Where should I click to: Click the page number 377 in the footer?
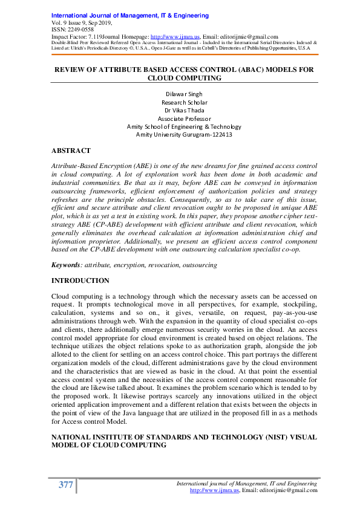(65, 484)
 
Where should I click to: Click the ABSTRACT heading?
(71, 151)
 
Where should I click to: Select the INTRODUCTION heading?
(80, 281)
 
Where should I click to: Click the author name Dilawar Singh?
(184, 94)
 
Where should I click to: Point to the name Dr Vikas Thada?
(184, 110)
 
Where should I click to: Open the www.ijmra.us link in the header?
(168, 37)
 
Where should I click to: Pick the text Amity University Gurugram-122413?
(184, 135)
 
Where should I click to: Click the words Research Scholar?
(184, 102)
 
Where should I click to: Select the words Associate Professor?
(184, 118)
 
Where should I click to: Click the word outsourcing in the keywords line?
(200, 265)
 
